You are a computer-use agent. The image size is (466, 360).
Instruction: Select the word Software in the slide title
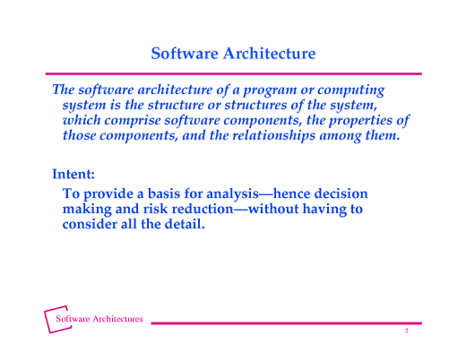pos(182,54)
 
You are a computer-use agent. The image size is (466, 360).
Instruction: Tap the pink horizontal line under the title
pos(233,73)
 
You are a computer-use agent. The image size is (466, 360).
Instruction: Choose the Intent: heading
pos(73,173)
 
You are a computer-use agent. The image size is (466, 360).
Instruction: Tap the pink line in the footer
pos(287,323)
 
